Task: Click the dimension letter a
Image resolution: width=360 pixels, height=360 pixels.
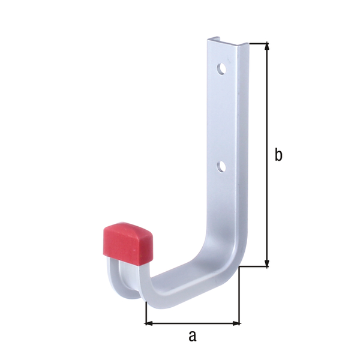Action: [x=192, y=336]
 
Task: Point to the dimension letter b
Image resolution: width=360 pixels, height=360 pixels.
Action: [x=278, y=155]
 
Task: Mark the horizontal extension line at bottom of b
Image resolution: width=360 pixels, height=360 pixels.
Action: [x=255, y=267]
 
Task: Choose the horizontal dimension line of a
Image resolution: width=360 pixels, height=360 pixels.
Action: [x=192, y=323]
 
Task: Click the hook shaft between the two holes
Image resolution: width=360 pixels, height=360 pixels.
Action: [x=225, y=117]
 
